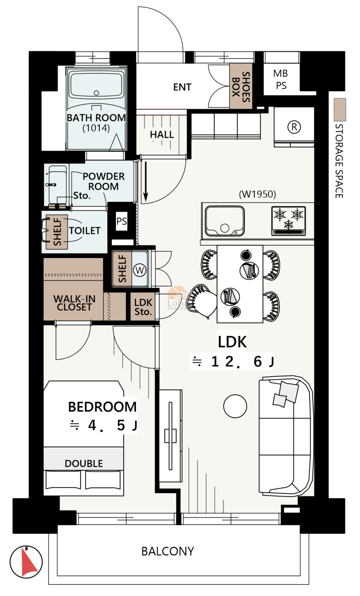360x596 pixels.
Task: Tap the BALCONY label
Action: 168,551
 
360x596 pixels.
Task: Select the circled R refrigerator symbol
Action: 294,127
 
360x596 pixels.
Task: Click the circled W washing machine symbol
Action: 140,270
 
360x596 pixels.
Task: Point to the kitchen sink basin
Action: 225,221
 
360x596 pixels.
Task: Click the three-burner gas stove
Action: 288,221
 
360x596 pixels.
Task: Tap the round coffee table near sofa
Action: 235,406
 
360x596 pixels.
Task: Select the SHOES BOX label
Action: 241,87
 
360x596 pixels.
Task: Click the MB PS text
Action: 281,79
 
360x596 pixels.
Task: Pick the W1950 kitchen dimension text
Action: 257,194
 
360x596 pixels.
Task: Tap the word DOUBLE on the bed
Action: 83,464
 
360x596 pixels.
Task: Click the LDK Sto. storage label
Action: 143,307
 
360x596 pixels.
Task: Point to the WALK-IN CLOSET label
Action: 74,303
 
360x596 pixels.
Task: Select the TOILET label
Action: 85,230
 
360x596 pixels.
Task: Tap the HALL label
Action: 162,135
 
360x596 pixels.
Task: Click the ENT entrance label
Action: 182,87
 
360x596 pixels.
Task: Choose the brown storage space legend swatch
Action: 340,110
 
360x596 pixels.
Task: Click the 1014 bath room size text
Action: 96,128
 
